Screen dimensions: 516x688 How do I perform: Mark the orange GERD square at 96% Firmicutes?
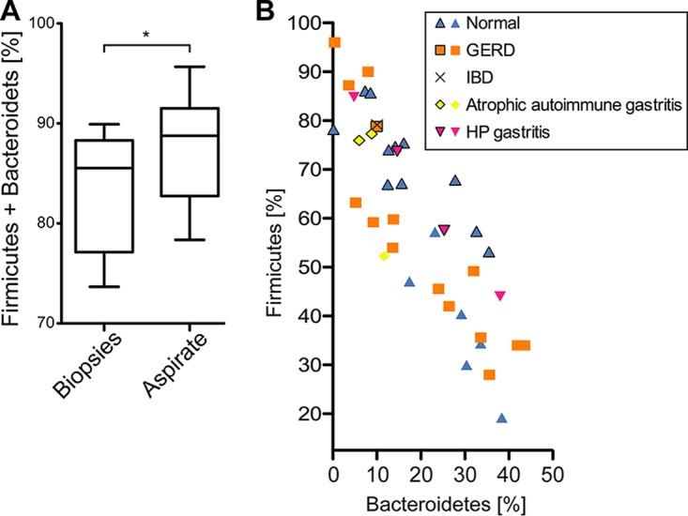[x=334, y=42]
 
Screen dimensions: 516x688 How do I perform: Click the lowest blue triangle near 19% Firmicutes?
[x=502, y=418]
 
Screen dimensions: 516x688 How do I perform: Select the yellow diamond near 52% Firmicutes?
[x=384, y=256]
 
